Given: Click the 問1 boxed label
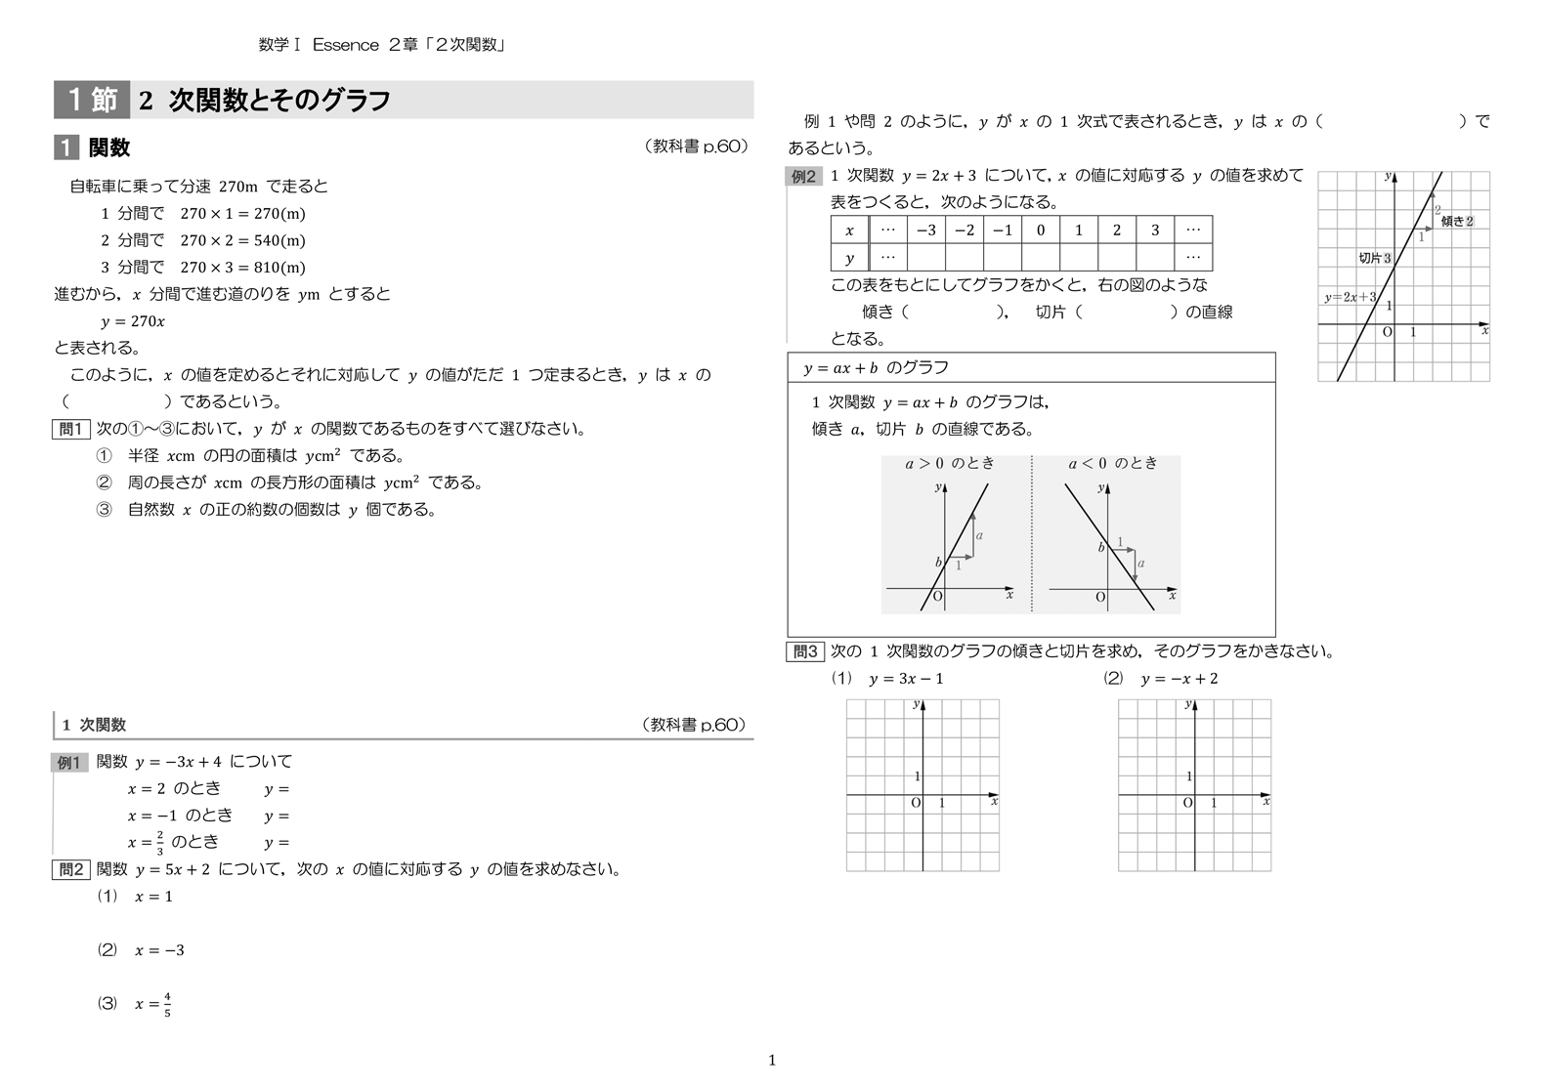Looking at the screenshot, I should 71,429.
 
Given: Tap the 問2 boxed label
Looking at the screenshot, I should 71,870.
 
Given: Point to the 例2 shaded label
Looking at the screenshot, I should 803,177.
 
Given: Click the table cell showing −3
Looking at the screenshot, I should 925,230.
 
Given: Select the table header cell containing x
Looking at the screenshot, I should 849,230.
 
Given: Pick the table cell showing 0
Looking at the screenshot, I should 1040,230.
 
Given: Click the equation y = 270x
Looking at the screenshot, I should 133,321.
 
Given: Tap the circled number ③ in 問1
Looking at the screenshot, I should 105,510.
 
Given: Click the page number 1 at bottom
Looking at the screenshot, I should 772,1061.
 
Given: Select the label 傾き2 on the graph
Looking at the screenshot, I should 1456,222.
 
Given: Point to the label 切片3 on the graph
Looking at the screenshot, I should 1374,259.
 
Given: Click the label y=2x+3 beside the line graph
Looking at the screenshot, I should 1350,298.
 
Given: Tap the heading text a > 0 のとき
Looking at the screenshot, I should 949,464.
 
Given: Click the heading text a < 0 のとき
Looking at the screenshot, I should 1112,464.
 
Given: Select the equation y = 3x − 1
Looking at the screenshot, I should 906,679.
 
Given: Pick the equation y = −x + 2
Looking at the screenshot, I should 1179,679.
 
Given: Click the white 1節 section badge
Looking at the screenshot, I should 92,100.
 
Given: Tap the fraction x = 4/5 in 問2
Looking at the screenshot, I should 153,1004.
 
